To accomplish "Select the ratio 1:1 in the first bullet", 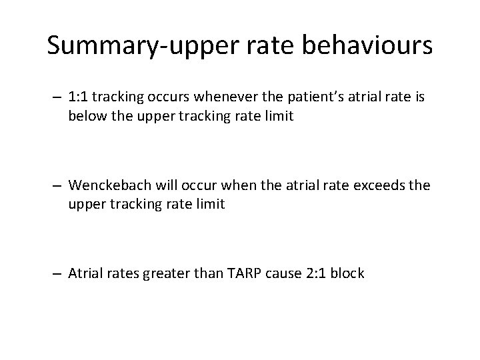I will pos(79,97).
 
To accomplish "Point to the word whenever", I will pos(218,97).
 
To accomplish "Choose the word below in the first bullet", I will pos(84,117).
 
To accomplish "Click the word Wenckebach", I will pos(105,185).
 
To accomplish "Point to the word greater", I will pos(164,273).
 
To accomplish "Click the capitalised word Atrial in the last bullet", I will pos(84,273).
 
